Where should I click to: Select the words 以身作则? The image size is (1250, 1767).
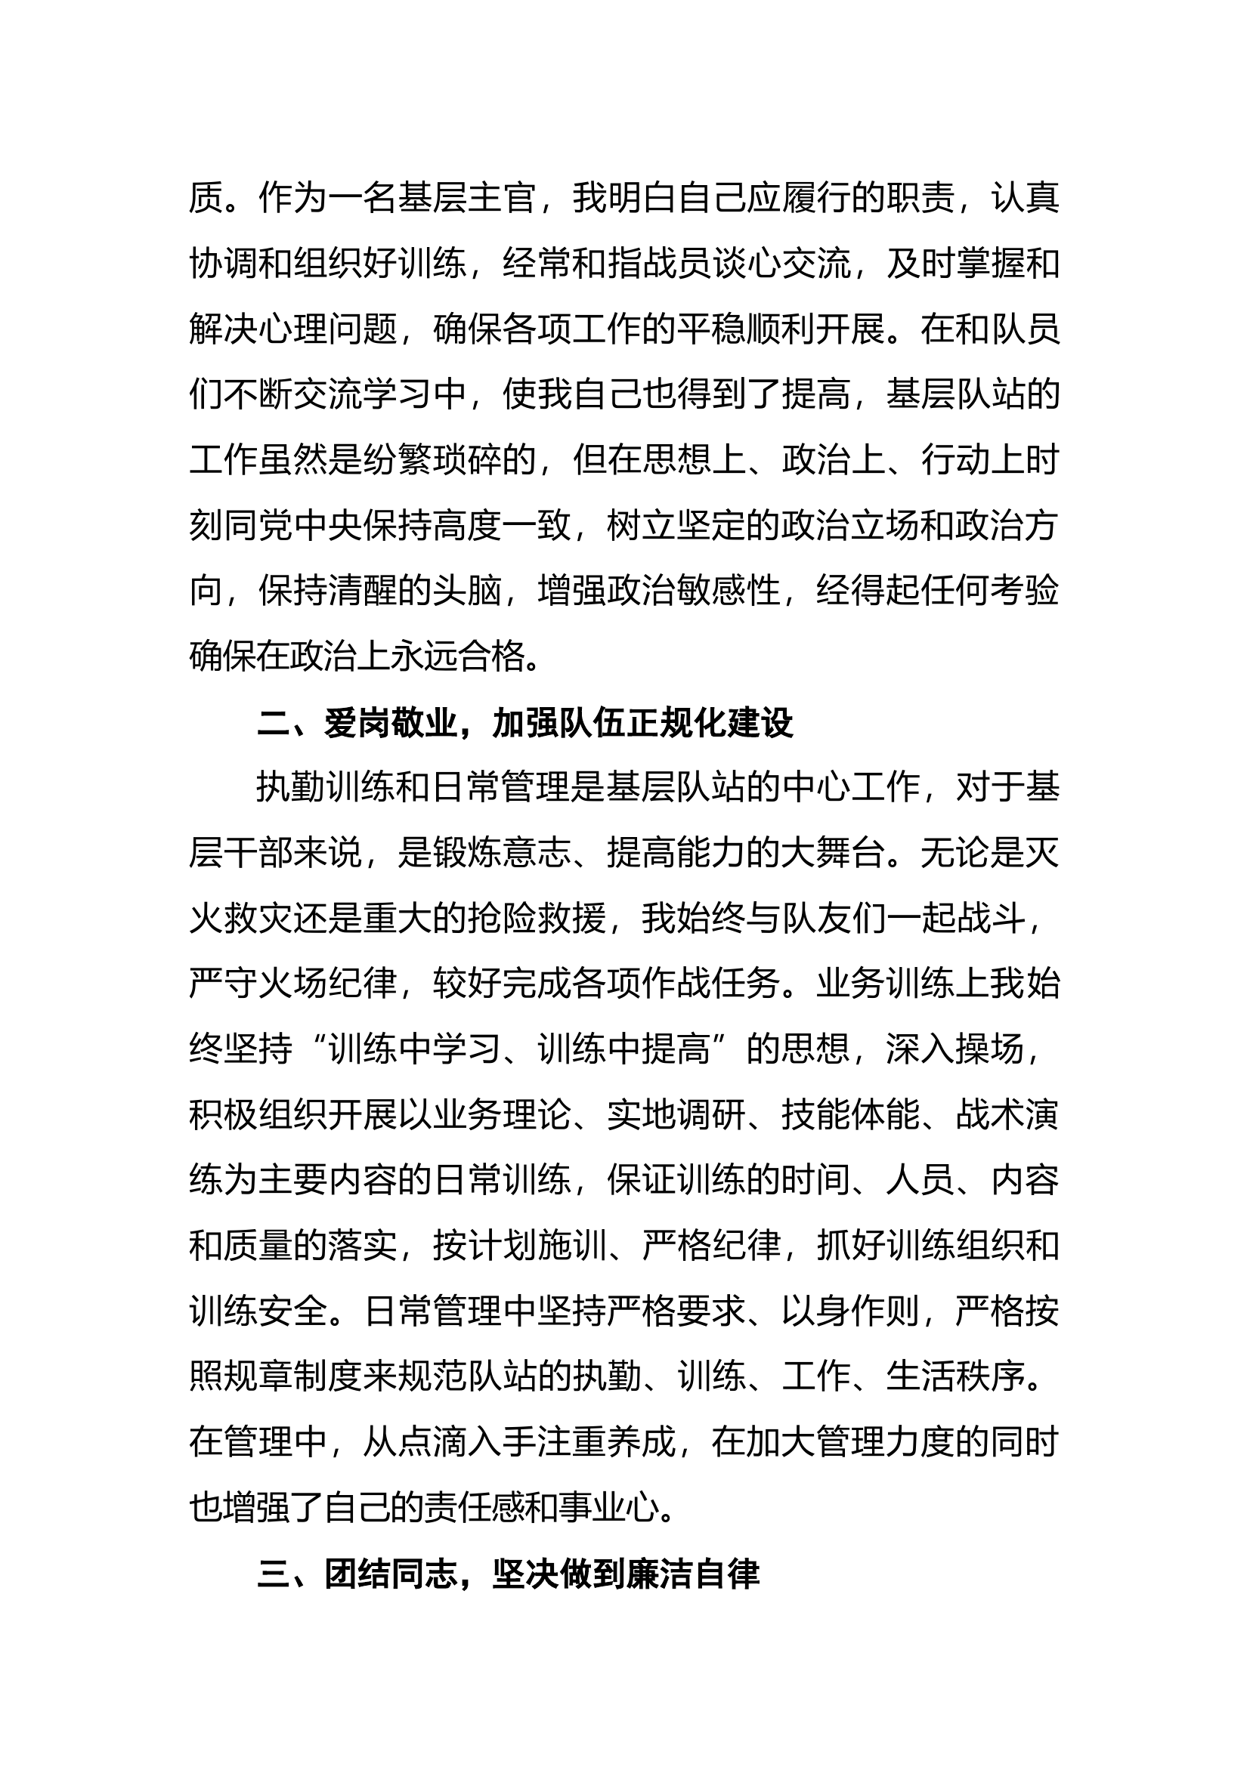coord(851,1311)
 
